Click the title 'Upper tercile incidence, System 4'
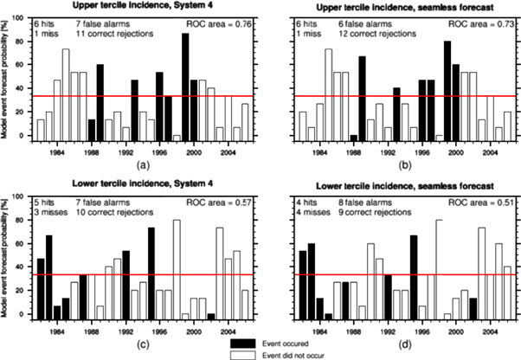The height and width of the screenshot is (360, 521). coord(143,6)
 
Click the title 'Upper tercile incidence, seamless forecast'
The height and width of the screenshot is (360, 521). coord(393,6)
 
